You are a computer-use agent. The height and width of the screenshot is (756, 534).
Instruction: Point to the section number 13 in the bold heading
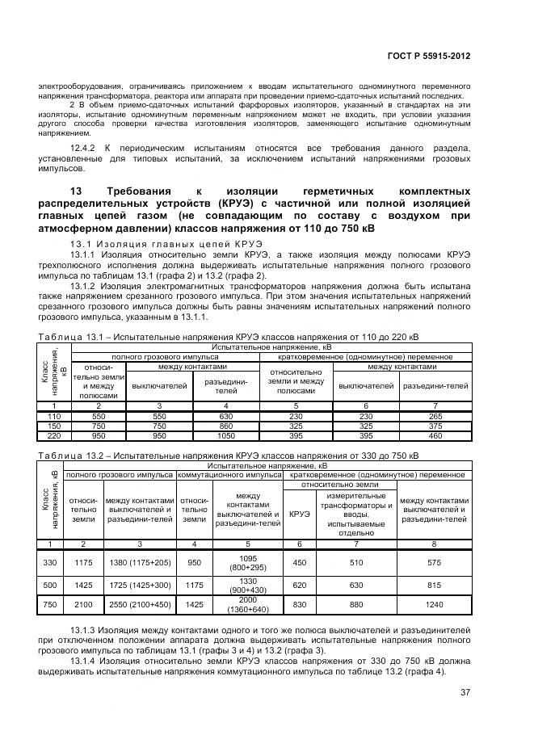tap(78, 191)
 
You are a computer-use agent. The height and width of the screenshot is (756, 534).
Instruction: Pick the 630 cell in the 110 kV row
tap(226, 415)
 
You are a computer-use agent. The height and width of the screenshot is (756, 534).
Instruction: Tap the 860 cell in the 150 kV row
tap(226, 425)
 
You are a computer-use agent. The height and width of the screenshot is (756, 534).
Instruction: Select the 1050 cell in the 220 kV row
tap(226, 435)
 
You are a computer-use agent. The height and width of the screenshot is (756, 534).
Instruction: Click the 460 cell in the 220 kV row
tap(435, 435)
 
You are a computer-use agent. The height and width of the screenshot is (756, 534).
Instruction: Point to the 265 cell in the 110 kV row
tap(435, 415)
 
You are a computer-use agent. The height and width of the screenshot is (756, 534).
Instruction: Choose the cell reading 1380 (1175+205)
tap(140, 562)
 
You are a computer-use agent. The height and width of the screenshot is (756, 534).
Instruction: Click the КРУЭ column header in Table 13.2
tap(298, 514)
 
